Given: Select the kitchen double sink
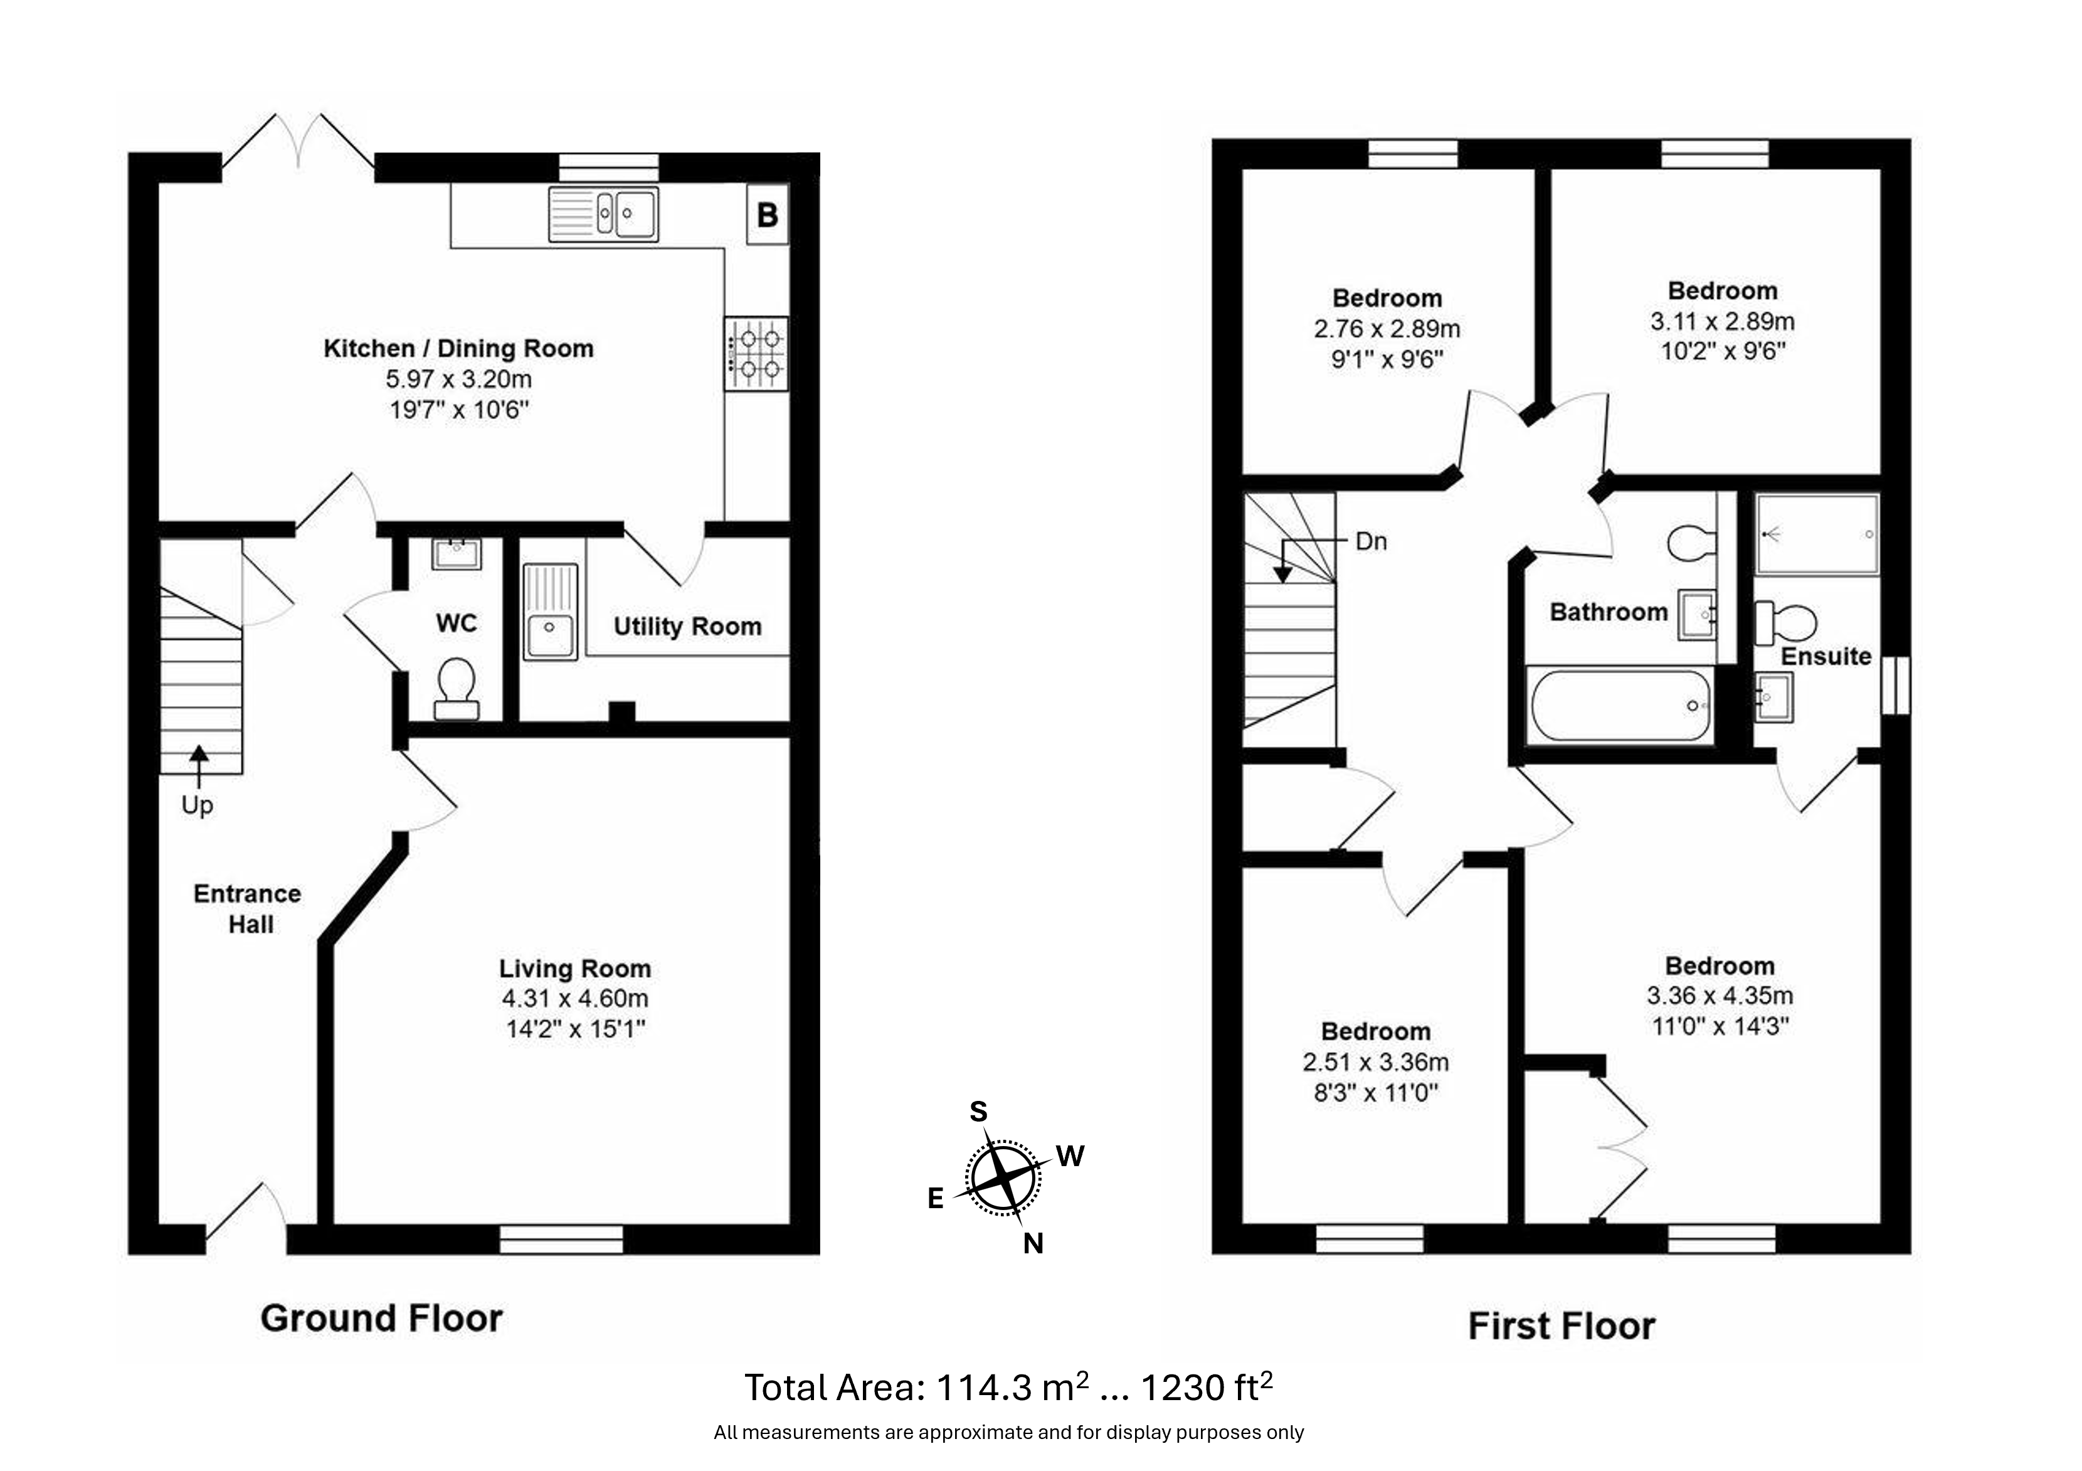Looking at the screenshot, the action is point(603,215).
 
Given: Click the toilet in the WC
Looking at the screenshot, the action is point(456,688).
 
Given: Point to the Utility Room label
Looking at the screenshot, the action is point(687,626).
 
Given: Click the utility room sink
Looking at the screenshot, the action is point(549,611).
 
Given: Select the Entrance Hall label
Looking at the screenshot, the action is point(248,909).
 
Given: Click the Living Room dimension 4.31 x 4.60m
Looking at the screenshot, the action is point(575,999).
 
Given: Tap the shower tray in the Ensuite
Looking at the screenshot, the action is point(1817,534).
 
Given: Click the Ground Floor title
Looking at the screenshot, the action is point(382,1318).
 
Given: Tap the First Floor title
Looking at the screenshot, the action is point(1561,1326).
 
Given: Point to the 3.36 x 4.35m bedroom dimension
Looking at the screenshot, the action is point(1720,996).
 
